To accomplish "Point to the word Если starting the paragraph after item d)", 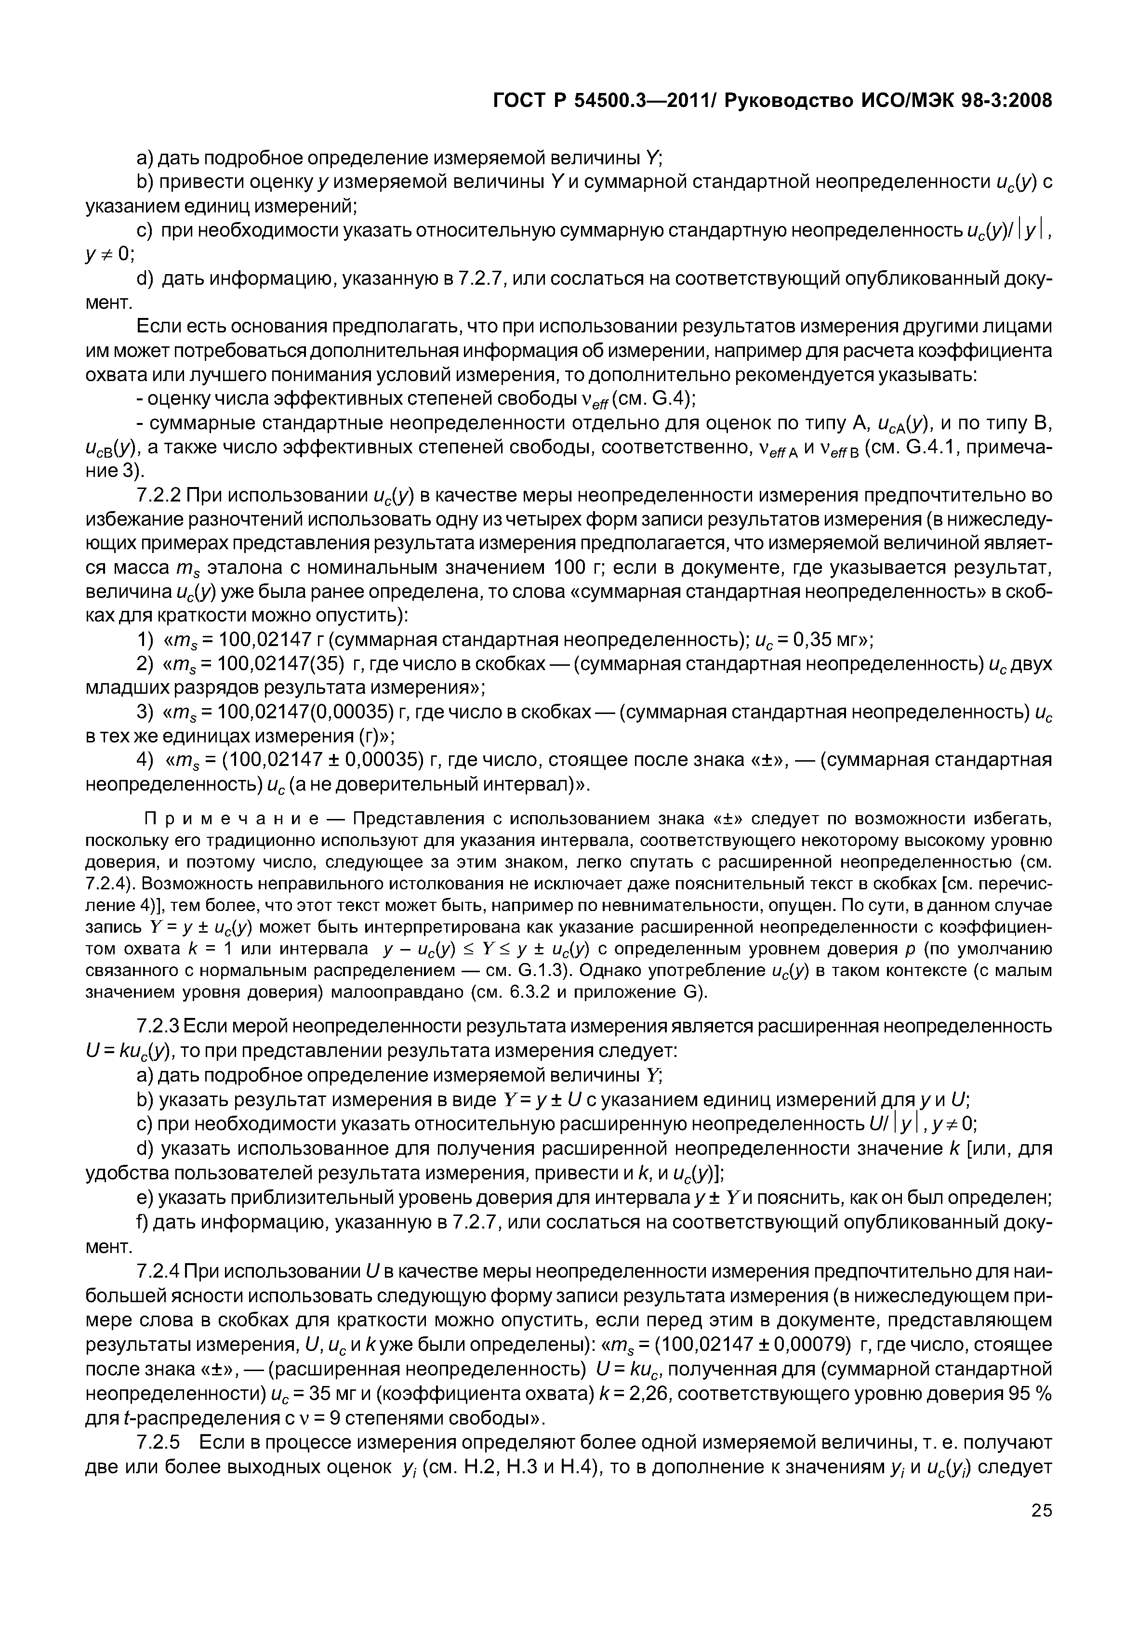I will tap(159, 327).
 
